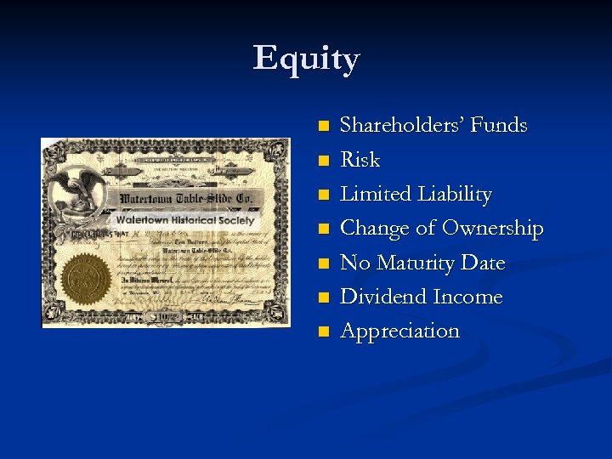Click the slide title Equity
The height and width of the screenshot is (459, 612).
click(306, 59)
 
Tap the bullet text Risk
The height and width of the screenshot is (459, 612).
click(360, 160)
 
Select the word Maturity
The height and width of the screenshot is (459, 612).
click(415, 263)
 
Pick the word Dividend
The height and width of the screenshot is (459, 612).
click(383, 297)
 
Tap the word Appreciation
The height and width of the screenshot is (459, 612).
click(399, 331)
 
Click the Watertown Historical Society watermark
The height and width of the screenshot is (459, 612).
click(184, 220)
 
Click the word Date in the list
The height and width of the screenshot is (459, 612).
click(484, 263)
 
